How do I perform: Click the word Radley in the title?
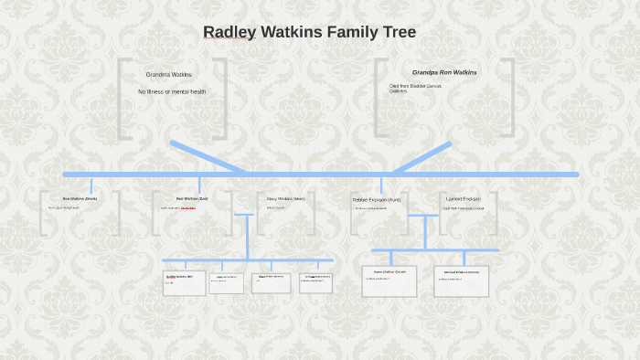coord(229,33)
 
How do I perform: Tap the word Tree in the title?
coord(398,33)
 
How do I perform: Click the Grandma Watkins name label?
coord(169,75)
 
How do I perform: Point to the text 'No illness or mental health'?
coord(172,91)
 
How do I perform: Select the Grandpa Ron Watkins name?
coord(444,72)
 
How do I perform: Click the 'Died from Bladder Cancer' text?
coord(415,86)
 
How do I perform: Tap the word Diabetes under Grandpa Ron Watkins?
coord(399,91)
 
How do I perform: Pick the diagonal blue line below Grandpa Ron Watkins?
coord(422,157)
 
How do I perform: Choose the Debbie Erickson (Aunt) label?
coord(376,199)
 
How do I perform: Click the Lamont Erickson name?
coord(464,198)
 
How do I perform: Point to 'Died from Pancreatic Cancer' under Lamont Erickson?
coord(464,208)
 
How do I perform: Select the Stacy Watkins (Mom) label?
coord(285,198)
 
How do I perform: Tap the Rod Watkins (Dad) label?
coord(192,198)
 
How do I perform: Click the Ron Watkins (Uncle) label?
coord(80,198)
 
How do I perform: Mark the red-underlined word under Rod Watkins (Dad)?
coord(187,207)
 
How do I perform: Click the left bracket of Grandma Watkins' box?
coord(123,99)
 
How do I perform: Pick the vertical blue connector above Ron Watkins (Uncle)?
coord(91,184)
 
